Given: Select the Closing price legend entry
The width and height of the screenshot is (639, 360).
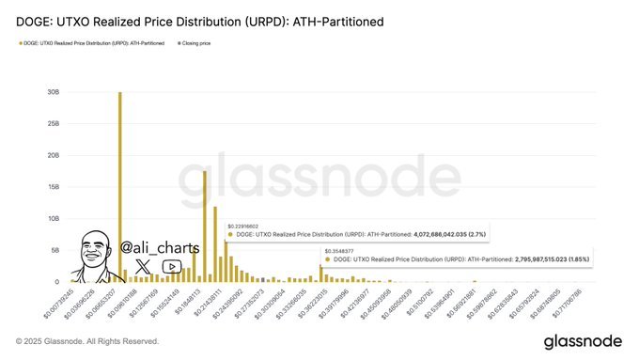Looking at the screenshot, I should (195, 43).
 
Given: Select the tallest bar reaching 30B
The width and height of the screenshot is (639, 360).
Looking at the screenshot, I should (119, 188).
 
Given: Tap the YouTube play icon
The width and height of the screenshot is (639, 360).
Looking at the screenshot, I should (171, 267).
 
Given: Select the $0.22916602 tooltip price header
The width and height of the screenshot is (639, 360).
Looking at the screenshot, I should (243, 226).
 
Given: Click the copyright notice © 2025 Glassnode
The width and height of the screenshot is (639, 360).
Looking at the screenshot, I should (87, 340).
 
